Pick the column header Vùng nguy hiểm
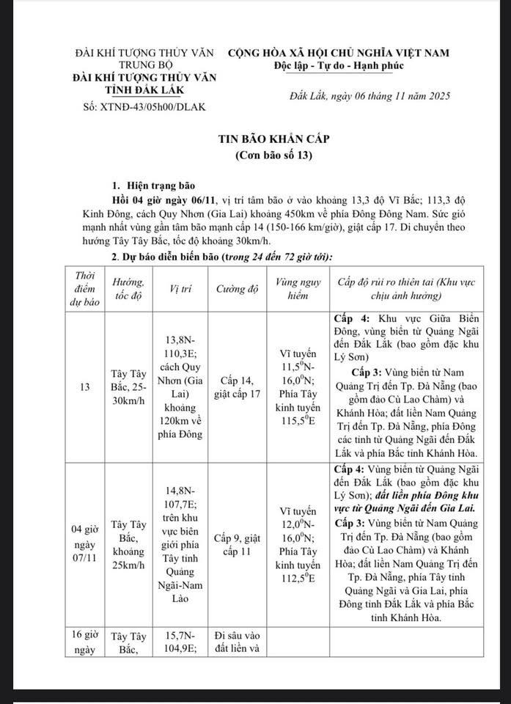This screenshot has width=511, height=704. click(294, 288)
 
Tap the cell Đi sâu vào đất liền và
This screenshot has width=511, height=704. click(237, 641)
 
